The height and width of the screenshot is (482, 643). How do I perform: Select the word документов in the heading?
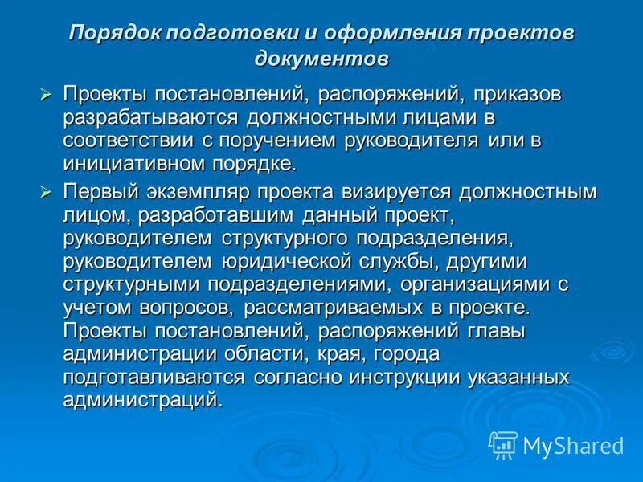click(x=321, y=59)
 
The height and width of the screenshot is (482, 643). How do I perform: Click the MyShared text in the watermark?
click(x=573, y=445)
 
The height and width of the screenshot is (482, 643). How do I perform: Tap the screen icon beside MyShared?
click(x=504, y=443)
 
